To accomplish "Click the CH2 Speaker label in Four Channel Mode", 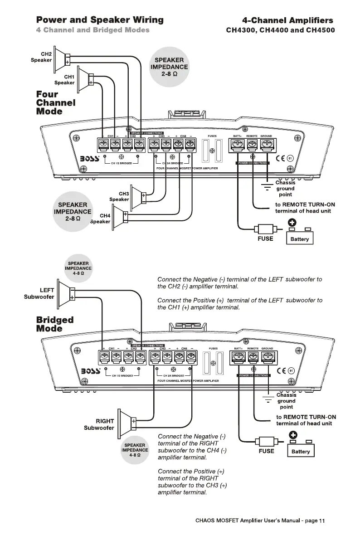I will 41,57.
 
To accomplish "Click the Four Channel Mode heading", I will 55,103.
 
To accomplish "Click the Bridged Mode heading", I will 54,324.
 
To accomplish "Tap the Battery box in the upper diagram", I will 299,236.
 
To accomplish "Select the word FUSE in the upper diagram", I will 265,238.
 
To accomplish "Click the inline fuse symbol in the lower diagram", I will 264,442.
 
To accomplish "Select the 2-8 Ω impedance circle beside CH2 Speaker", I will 169,67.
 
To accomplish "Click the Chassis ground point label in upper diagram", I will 285,189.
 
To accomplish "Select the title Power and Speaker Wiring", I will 100,20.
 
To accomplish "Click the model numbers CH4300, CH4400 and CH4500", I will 280,31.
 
